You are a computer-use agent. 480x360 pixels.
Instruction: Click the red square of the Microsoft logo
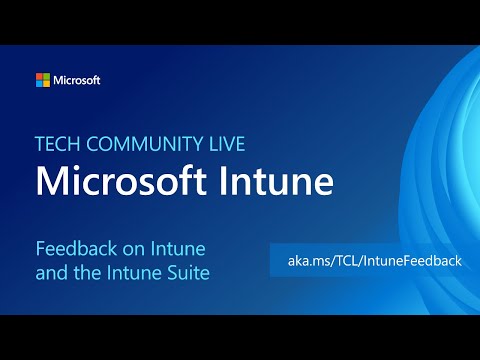pyautogui.click(x=39, y=76)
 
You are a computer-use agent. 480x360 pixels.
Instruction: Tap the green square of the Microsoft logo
pyautogui.click(x=46, y=76)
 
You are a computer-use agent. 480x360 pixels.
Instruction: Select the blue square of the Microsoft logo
pyautogui.click(x=39, y=83)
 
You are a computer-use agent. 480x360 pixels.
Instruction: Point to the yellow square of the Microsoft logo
pyautogui.click(x=46, y=83)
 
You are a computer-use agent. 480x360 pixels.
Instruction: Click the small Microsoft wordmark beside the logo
pyautogui.click(x=77, y=80)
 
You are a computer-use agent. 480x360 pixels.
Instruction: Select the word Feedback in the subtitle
pyautogui.click(x=73, y=246)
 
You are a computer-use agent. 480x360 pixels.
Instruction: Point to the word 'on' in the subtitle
pyautogui.click(x=129, y=246)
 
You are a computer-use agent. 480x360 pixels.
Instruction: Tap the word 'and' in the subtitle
pyautogui.click(x=51, y=270)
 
